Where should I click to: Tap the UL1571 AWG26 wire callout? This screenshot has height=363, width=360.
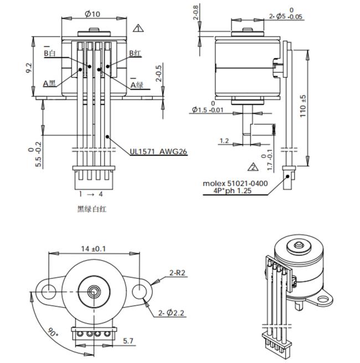(x=158, y=151)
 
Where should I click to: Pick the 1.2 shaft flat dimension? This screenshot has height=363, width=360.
(x=224, y=141)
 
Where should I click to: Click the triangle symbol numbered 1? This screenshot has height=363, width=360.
(x=137, y=27)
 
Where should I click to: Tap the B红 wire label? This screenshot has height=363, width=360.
(x=135, y=53)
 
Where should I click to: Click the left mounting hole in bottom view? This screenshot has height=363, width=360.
(x=48, y=290)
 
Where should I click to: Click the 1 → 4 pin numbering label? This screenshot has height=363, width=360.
(x=91, y=194)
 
